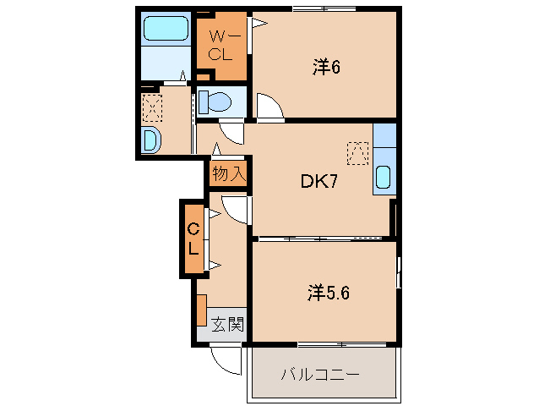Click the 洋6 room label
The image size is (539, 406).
325,68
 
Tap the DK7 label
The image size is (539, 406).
319,182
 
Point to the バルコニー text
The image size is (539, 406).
320,374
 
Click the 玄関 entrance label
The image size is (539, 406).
226,323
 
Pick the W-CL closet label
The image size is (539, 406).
220,46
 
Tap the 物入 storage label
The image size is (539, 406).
228,173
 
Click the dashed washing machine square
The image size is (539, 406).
152,106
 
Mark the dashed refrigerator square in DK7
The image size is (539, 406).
358,152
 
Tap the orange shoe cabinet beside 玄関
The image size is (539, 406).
201,310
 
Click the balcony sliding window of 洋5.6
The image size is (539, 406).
342,343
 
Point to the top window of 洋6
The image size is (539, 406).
324,8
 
